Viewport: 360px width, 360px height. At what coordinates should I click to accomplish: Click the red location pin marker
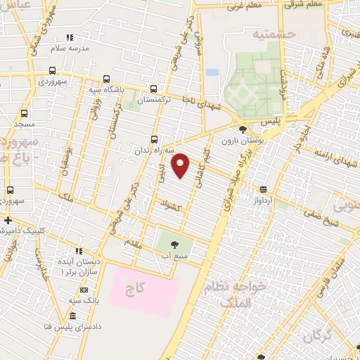click(181, 165)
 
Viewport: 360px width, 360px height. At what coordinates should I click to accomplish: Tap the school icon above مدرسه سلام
click(69, 37)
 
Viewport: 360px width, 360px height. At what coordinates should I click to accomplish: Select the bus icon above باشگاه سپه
click(106, 79)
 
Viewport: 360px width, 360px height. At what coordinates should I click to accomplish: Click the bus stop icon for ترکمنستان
click(155, 89)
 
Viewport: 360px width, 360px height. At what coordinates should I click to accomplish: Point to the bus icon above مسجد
click(25, 112)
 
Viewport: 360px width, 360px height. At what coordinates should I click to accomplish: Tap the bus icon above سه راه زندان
click(155, 139)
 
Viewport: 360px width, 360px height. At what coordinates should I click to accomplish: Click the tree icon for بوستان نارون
click(243, 129)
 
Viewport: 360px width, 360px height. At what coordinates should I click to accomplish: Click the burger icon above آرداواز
click(263, 188)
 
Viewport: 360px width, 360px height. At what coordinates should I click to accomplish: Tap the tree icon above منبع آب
click(174, 243)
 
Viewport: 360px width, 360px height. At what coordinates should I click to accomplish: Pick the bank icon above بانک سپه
click(84, 290)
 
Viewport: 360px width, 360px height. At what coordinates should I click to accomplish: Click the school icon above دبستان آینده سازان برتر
click(79, 250)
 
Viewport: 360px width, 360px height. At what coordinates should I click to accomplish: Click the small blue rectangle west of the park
click(212, 72)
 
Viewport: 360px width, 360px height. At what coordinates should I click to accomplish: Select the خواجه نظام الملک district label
click(236, 295)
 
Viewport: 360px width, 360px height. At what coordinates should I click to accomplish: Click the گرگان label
click(320, 335)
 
